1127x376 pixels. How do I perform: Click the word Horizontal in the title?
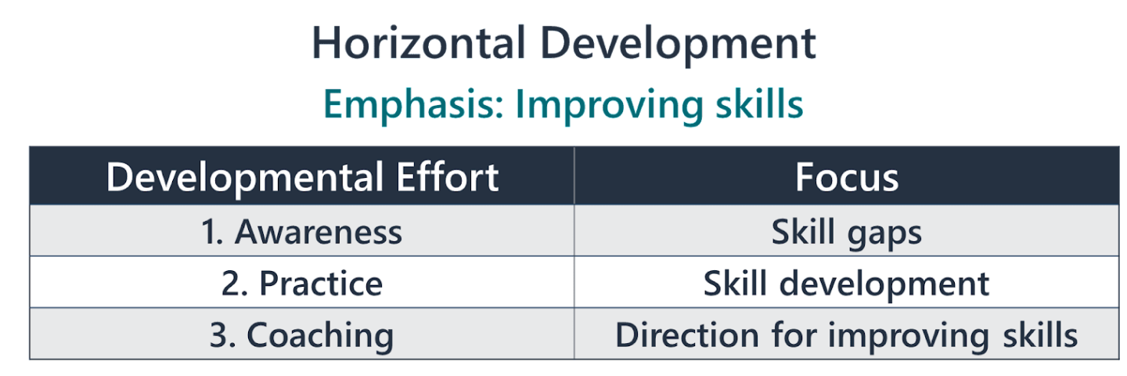(416, 44)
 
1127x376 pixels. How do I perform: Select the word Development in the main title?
(679, 45)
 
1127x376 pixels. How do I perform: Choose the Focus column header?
(847, 177)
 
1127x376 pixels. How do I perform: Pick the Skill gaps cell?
(847, 233)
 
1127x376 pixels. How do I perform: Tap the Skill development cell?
(847, 284)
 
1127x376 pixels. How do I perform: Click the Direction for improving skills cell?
(847, 335)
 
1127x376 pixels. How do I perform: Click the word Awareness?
(319, 232)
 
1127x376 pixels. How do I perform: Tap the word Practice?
(321, 284)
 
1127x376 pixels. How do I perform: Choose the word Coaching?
(320, 336)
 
